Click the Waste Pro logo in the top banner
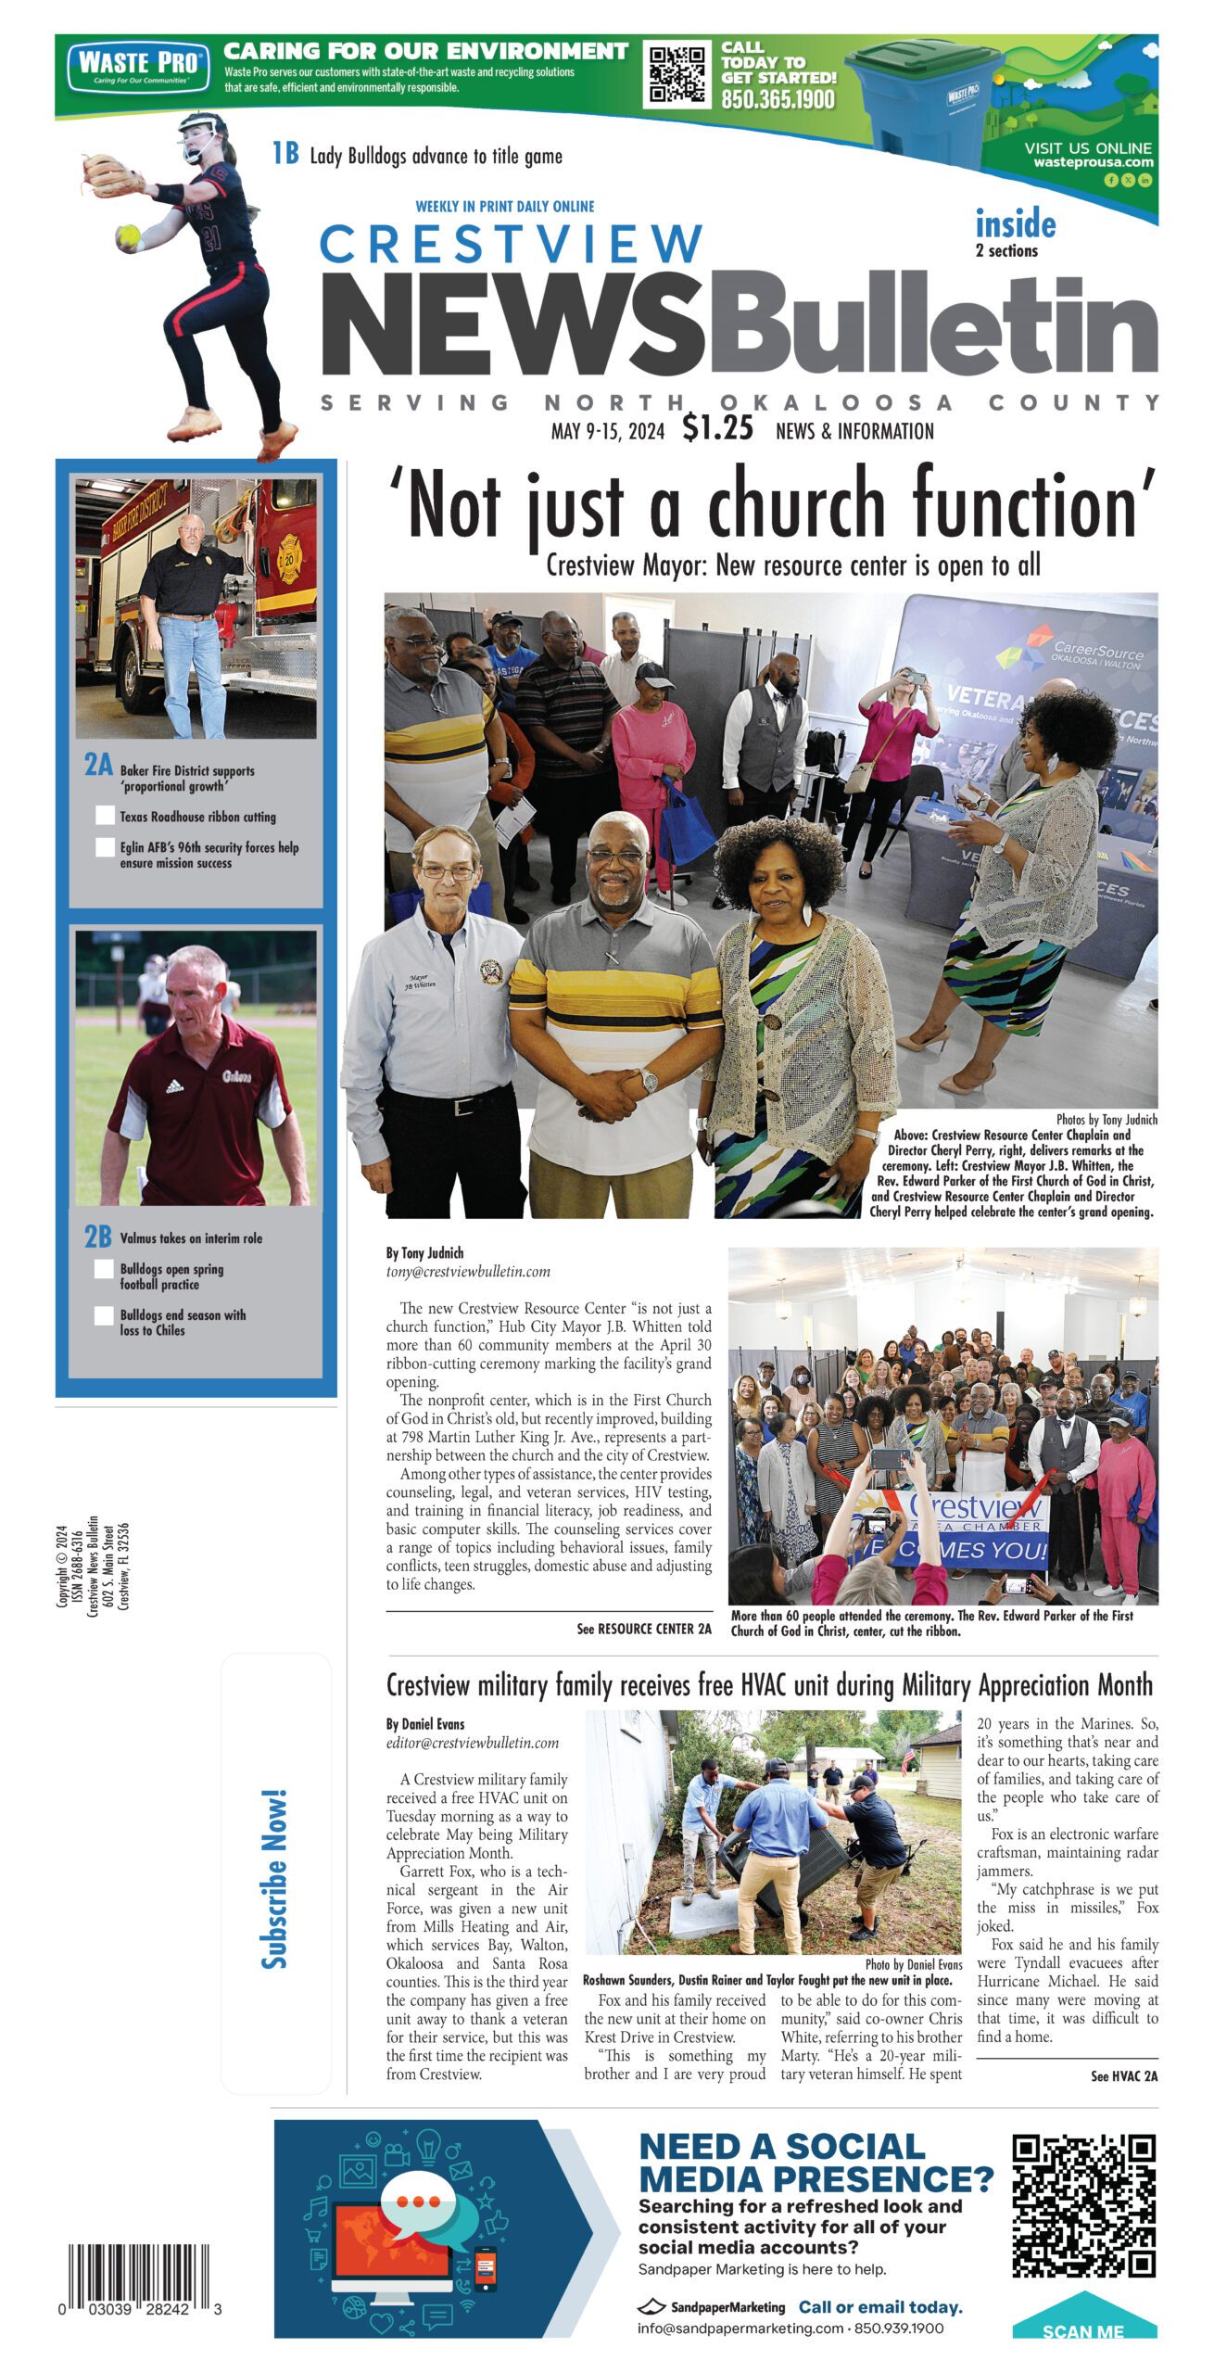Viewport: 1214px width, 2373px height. (x=137, y=66)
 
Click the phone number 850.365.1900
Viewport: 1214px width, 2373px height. (x=778, y=99)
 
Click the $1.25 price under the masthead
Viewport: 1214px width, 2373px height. (x=717, y=428)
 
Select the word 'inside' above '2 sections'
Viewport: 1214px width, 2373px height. (x=1015, y=224)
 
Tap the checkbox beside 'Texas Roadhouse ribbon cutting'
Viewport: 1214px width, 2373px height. (x=105, y=816)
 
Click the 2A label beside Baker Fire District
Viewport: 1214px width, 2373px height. (x=98, y=765)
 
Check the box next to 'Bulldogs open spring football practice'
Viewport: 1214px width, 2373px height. (x=105, y=1269)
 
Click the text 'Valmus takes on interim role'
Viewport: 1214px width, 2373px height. (x=191, y=1238)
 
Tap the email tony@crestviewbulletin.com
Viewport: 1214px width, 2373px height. (x=468, y=1272)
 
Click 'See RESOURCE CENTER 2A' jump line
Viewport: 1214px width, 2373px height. (x=643, y=1629)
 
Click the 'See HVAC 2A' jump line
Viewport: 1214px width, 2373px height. (x=1123, y=2076)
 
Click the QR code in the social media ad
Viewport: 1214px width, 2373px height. (x=1082, y=2206)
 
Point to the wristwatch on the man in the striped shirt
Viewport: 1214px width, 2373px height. (x=648, y=1081)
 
